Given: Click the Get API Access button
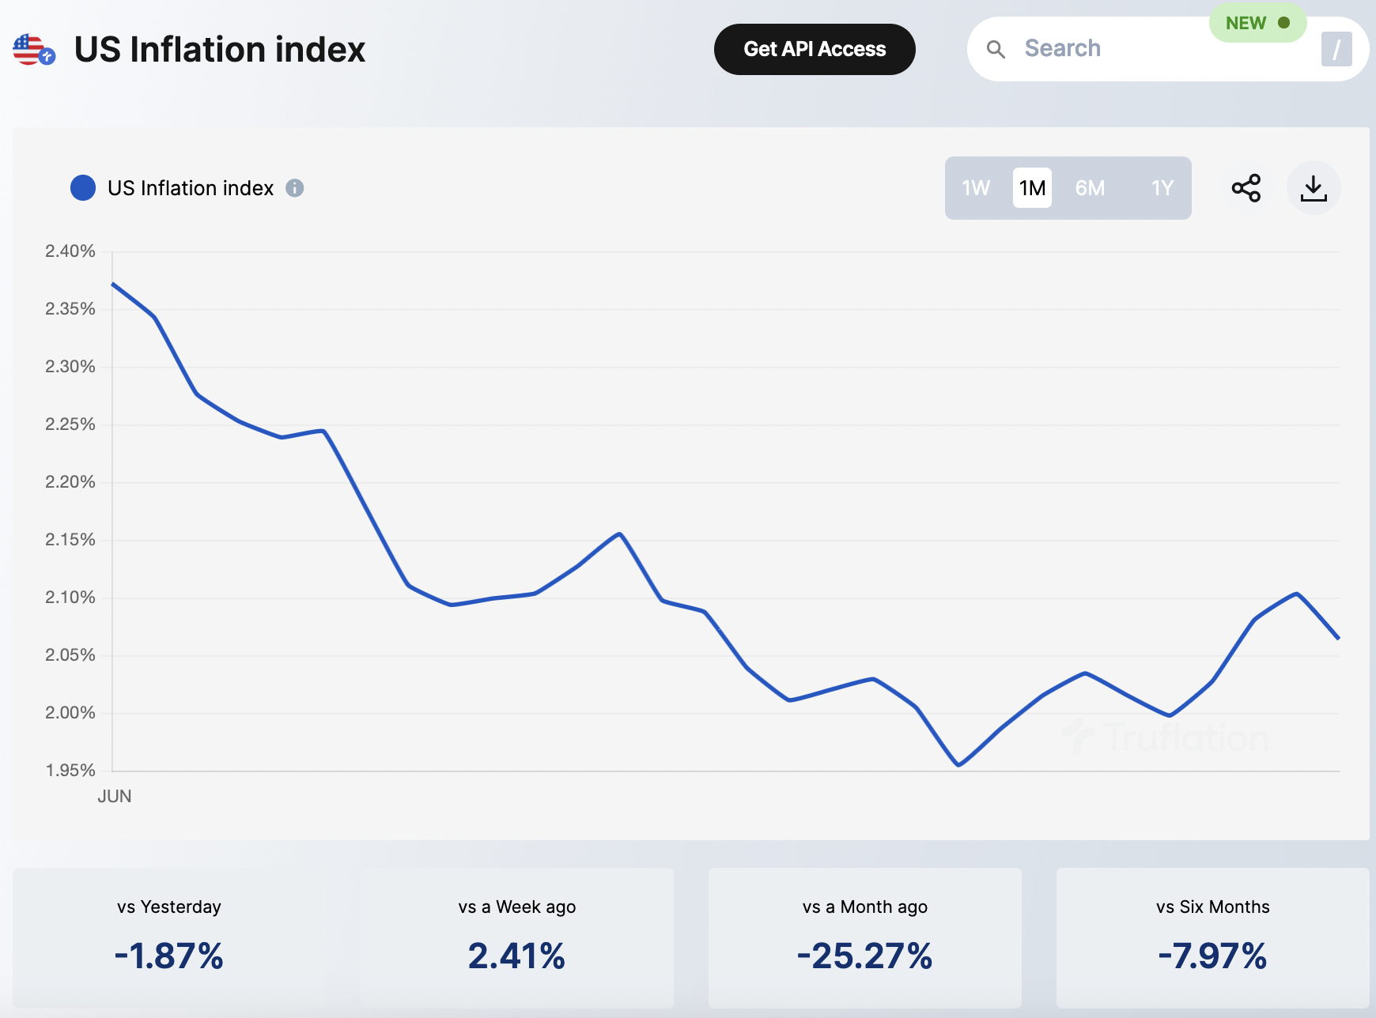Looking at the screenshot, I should (815, 49).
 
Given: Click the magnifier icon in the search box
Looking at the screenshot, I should (996, 50).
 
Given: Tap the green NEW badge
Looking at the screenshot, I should (1257, 24).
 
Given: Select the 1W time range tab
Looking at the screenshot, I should (976, 188).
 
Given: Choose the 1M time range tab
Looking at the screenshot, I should (1032, 188).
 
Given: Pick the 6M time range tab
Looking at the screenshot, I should (1090, 188).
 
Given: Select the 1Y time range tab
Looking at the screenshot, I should (1162, 188).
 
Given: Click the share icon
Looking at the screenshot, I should (1246, 188).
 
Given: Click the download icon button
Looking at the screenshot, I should (1314, 188).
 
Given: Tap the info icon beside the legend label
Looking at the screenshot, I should (295, 188).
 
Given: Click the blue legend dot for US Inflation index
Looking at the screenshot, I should (83, 188).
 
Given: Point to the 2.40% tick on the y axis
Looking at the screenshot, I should (70, 251).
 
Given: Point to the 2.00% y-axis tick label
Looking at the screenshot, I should (70, 713).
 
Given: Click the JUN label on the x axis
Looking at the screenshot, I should (115, 797).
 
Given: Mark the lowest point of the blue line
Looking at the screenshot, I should (958, 765).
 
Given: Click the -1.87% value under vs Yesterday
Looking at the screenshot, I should (169, 956).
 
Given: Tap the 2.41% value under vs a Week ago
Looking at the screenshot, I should (516, 956).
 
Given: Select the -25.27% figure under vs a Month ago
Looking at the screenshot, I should (864, 956).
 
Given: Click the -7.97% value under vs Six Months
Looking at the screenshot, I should (1212, 956).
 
